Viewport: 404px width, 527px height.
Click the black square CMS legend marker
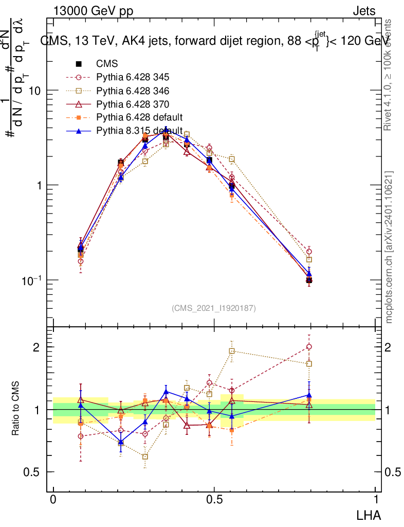pos(79,64)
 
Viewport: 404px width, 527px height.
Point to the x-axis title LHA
pos(369,514)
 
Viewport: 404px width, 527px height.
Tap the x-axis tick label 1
pos(376,499)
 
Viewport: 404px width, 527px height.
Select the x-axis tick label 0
pos(53,499)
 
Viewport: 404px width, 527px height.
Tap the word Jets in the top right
pos(364,11)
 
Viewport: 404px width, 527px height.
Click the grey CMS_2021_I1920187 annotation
pos(214,308)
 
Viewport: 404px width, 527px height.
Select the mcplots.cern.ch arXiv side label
pos(390,247)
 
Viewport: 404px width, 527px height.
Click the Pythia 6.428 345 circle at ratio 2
pos(309,347)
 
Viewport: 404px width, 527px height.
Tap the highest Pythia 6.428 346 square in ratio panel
pos(232,351)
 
